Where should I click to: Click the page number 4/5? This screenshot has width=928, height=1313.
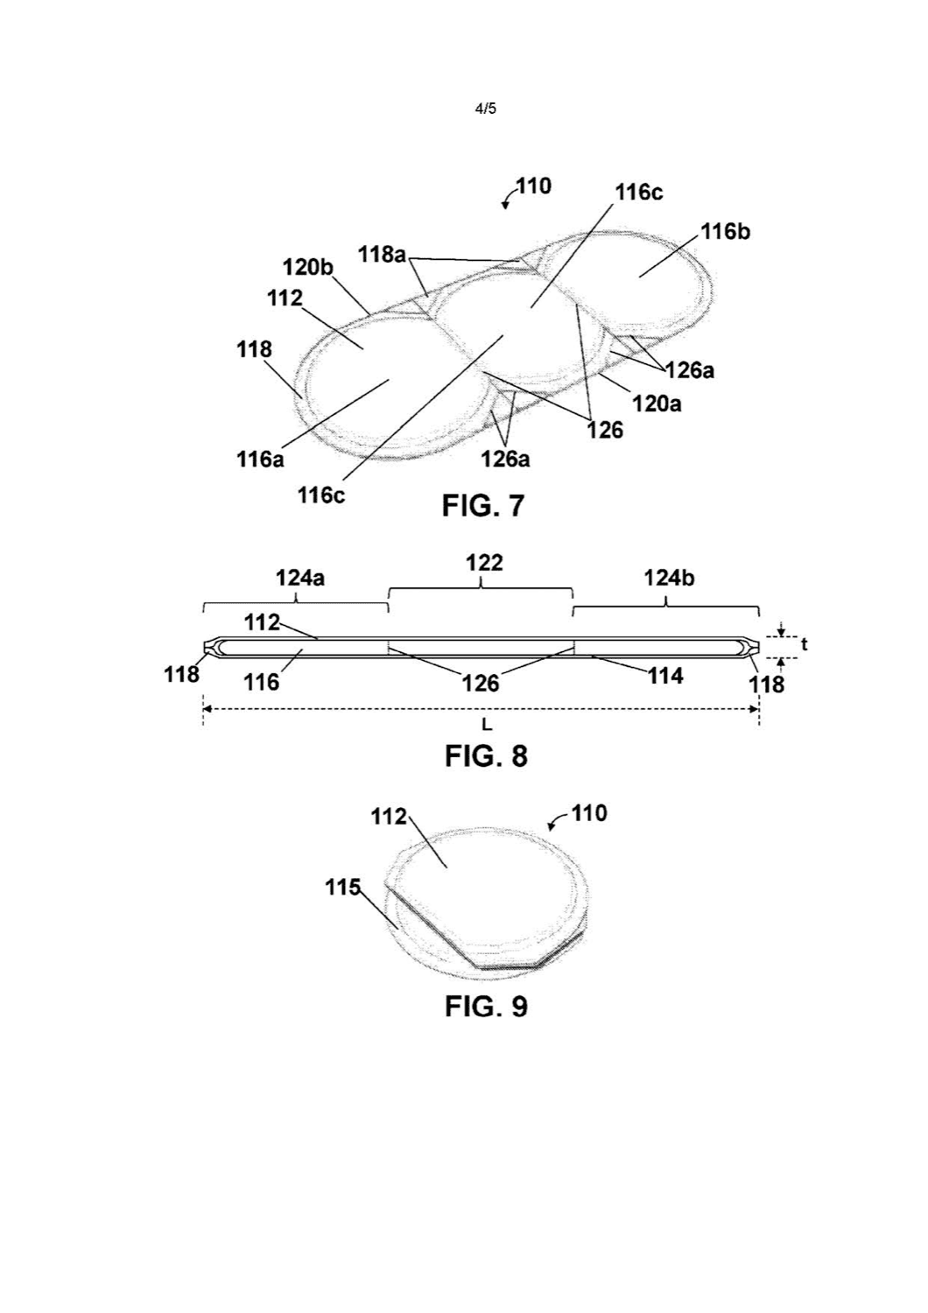(x=485, y=109)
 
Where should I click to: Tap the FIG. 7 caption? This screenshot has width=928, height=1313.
(x=482, y=505)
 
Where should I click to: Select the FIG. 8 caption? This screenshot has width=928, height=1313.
(x=486, y=755)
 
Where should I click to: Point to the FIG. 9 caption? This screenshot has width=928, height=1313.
(x=486, y=1007)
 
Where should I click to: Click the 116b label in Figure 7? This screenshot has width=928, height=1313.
(x=726, y=232)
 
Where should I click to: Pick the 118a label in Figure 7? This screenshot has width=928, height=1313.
(x=382, y=255)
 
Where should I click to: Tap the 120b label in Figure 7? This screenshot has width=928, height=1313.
(x=308, y=268)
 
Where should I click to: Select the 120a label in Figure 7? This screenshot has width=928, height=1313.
(x=657, y=404)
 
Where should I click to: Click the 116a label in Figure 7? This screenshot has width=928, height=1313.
(x=260, y=459)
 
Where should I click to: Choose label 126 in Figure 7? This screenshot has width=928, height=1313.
(x=606, y=430)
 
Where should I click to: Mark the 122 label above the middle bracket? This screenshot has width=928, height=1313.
(x=484, y=564)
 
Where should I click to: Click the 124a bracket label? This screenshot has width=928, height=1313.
(x=300, y=579)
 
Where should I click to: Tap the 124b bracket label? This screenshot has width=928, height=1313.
(x=669, y=579)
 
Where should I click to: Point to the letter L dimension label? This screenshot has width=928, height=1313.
(x=487, y=726)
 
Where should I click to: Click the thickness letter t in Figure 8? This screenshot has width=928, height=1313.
(x=805, y=645)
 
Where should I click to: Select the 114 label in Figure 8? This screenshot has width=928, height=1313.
(x=665, y=676)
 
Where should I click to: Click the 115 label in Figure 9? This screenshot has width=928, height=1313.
(x=342, y=888)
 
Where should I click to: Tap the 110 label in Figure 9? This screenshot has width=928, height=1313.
(x=589, y=813)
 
